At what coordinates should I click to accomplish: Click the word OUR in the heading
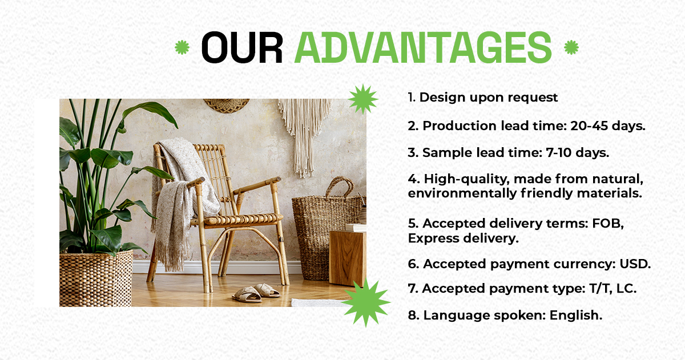(x=242, y=47)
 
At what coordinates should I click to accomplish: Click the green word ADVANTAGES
(x=423, y=47)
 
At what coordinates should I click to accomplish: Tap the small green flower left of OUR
(x=182, y=47)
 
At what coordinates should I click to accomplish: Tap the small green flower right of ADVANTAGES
(x=571, y=47)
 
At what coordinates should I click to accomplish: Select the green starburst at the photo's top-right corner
(x=363, y=99)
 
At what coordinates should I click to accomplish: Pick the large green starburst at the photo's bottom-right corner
(x=366, y=302)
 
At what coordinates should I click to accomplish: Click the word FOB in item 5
(x=607, y=224)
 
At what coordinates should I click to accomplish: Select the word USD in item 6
(x=635, y=264)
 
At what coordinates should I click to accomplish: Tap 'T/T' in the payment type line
(x=601, y=289)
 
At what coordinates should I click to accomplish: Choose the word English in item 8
(x=576, y=315)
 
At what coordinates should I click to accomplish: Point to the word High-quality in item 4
(x=467, y=179)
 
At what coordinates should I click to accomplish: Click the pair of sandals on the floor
(x=256, y=293)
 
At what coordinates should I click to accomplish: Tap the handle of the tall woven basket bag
(x=340, y=185)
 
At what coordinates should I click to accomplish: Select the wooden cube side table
(x=348, y=258)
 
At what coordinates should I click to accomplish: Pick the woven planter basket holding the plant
(x=96, y=279)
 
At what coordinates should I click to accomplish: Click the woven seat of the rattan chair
(x=243, y=219)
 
